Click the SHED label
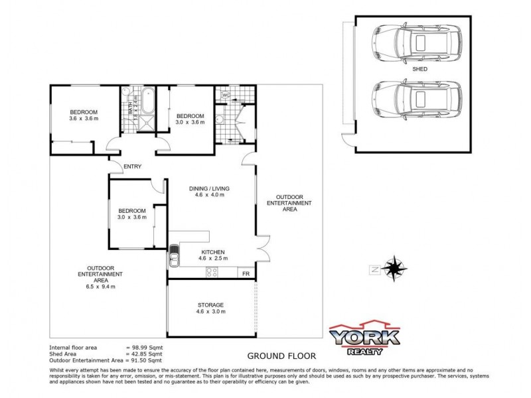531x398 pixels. [419, 69]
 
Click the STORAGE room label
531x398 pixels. [211, 305]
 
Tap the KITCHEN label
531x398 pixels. [211, 253]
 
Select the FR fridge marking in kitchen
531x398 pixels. [245, 273]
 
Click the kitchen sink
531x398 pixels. [174, 255]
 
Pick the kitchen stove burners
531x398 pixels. [212, 272]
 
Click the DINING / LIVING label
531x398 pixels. [210, 188]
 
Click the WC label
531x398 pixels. [226, 96]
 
